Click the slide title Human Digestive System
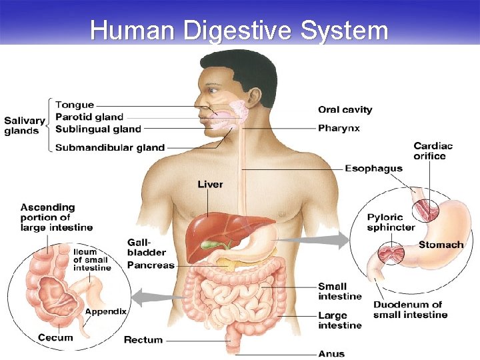(x=239, y=30)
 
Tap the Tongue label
(x=75, y=105)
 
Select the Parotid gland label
(x=89, y=117)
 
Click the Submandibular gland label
(x=109, y=147)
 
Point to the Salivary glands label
(x=25, y=125)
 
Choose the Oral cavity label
(x=345, y=109)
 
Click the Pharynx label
(x=339, y=128)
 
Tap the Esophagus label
(x=373, y=168)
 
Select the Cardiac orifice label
(x=433, y=151)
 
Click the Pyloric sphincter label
(x=391, y=222)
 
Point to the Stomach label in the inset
(x=441, y=245)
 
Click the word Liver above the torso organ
(x=210, y=184)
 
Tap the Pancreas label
(x=150, y=265)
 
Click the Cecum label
(x=55, y=337)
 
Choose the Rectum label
(x=143, y=340)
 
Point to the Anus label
(x=331, y=353)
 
